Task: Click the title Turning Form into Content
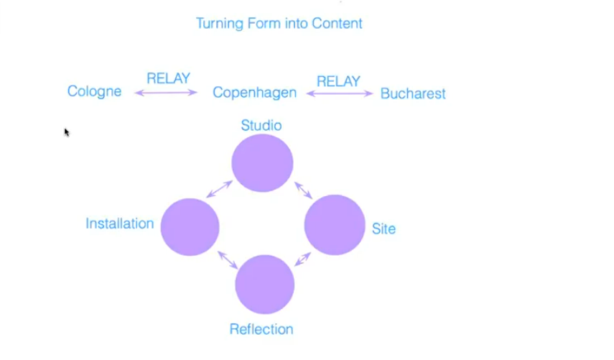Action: pos(279,23)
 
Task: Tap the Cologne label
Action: pos(94,91)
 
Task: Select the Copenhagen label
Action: pos(254,93)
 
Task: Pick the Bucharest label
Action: pos(413,93)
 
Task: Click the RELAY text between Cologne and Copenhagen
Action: pos(168,78)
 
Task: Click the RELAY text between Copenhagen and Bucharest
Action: pos(338,81)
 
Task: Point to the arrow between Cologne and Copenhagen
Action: pos(166,92)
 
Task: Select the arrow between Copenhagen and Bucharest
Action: pos(340,93)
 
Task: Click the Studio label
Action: pos(261,126)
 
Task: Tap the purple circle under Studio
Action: pos(262,163)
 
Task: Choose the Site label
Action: pos(383,229)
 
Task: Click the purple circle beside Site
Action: pos(335,225)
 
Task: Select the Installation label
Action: pos(119,223)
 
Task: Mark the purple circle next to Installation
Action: pos(190,227)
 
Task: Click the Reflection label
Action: pos(261,329)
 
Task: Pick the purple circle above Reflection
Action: pos(264,285)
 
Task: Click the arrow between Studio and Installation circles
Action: pos(219,189)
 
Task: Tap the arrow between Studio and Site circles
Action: pos(303,190)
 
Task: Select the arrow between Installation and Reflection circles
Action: pos(228,260)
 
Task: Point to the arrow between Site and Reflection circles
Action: pos(302,259)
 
